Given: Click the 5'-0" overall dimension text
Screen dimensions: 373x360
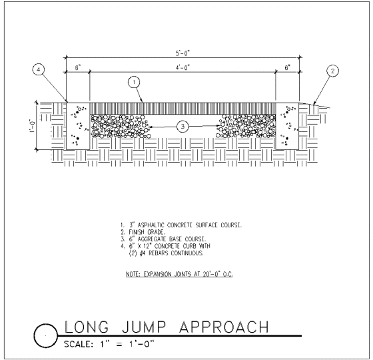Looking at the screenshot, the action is coord(183,53).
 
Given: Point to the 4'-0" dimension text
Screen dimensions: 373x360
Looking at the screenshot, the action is coord(183,68).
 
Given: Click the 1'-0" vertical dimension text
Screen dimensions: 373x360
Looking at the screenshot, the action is coord(32,126).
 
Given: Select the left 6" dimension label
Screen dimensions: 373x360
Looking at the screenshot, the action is coord(78,68).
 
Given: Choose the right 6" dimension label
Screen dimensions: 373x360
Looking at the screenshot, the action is coord(287,68).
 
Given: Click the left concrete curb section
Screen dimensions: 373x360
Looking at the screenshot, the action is coord(78,126).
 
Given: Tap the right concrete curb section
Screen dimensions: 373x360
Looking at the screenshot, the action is coord(287,126).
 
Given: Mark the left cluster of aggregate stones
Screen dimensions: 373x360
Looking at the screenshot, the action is coord(121,127).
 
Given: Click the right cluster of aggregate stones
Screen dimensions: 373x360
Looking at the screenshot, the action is coord(246,127).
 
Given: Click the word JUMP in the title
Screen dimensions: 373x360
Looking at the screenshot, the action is coord(144,327).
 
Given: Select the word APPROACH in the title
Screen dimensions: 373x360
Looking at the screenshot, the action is coord(224,327).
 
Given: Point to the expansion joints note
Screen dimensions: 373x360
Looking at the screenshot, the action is coord(179,274).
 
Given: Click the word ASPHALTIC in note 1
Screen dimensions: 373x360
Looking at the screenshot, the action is coord(151,225).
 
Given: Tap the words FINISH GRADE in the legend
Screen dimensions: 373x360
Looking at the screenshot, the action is coord(147,232).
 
